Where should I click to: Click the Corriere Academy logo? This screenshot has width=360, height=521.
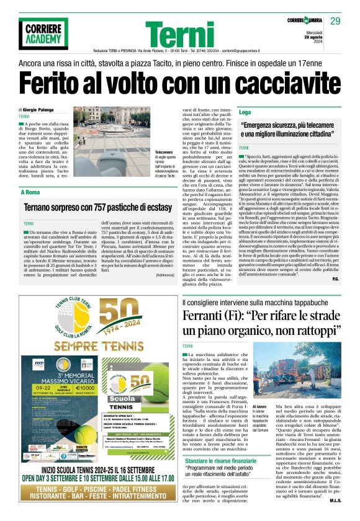43,33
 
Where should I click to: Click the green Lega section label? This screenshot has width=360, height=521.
245,112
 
